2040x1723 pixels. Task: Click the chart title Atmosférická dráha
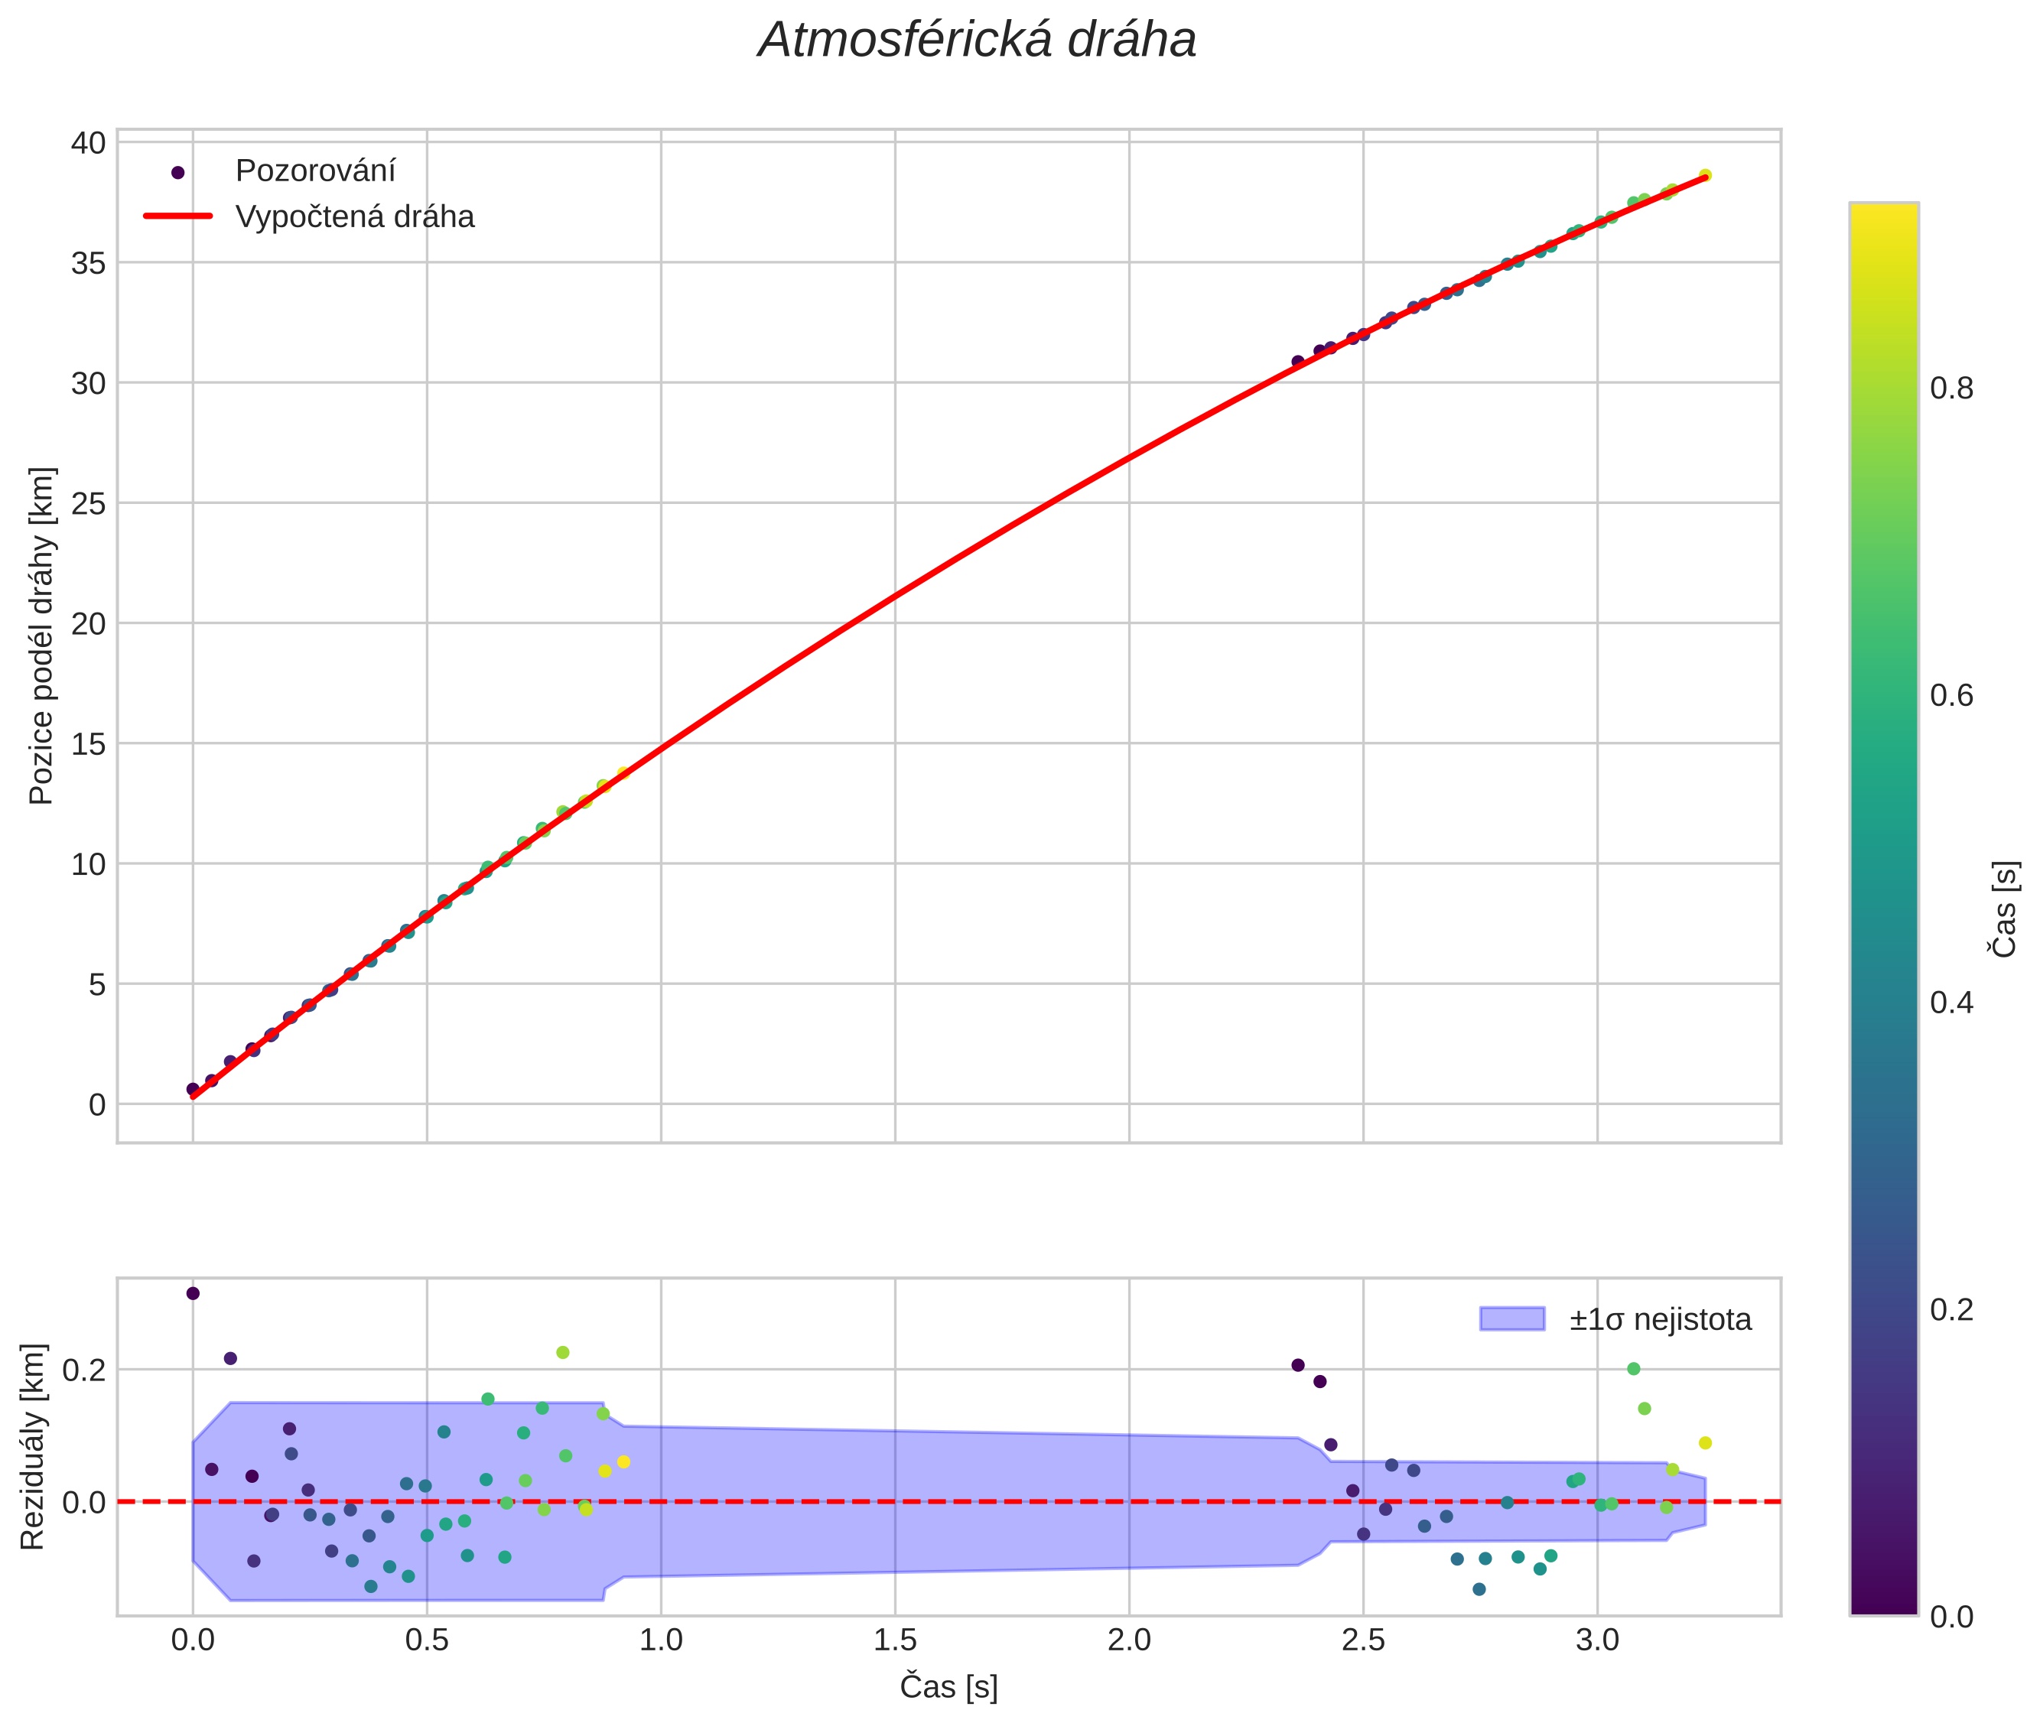(x=976, y=41)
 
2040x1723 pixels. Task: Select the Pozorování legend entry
(x=314, y=171)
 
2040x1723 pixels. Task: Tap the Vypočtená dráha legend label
(x=355, y=217)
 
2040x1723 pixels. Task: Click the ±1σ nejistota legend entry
(x=1659, y=1320)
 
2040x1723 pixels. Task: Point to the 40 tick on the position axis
(x=88, y=142)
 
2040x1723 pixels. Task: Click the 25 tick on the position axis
(x=88, y=503)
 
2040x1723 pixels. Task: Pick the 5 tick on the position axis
(x=96, y=984)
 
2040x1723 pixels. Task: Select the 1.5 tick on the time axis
(x=895, y=1639)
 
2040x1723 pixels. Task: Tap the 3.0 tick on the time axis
(x=1597, y=1639)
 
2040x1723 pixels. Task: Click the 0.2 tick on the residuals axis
(x=84, y=1370)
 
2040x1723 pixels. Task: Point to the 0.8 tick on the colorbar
(x=1951, y=388)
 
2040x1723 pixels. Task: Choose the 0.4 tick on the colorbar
(x=1951, y=1002)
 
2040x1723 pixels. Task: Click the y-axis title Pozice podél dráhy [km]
(x=41, y=636)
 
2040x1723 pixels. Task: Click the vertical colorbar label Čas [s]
(x=2004, y=909)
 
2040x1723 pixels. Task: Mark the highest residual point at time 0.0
(x=193, y=1293)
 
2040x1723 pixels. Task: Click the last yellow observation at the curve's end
(x=1705, y=176)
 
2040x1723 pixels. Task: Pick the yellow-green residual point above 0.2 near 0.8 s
(x=563, y=1353)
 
